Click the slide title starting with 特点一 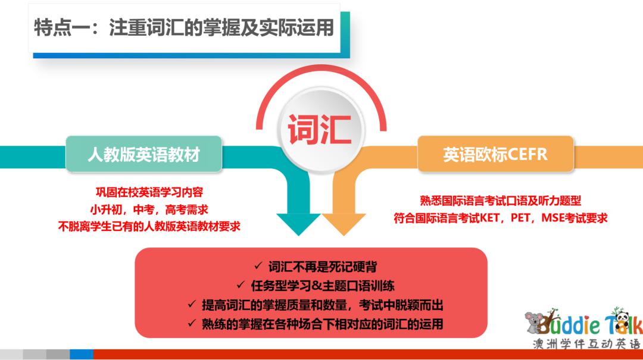tap(184, 27)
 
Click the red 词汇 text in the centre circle tap(320, 130)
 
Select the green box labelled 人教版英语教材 tap(143, 154)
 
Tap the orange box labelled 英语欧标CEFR tap(495, 154)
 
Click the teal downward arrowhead tap(298, 224)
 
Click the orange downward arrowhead tap(344, 224)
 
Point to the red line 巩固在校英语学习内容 tap(149, 192)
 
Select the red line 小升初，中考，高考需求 tap(149, 209)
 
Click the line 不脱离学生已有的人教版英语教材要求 tap(149, 226)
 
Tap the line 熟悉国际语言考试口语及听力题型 tap(500, 201)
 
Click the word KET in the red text tap(489, 218)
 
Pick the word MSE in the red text tap(552, 218)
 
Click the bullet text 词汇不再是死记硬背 tap(322, 267)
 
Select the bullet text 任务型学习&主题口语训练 tap(322, 286)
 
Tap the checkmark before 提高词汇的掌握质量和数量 tap(192, 304)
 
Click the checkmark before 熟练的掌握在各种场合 tap(192, 323)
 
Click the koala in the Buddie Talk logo tap(534, 322)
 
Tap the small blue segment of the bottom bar tap(82, 354)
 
